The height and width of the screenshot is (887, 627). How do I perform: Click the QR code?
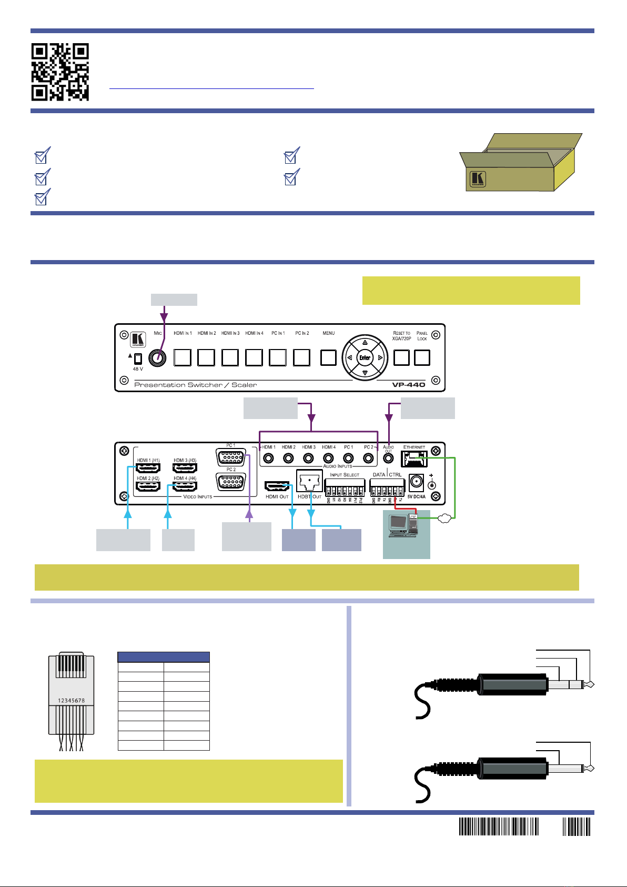[60, 72]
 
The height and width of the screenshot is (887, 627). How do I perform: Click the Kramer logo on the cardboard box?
[478, 179]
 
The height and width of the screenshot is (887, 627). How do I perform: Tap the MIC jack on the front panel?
[157, 358]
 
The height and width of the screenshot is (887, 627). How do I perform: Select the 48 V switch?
[138, 358]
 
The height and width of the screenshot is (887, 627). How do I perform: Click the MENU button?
[329, 357]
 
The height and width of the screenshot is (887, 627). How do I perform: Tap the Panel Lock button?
[422, 357]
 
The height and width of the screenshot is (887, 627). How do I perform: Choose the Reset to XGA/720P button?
[401, 357]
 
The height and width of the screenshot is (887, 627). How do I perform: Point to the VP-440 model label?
[408, 385]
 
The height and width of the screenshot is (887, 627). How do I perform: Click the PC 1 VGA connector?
[231, 457]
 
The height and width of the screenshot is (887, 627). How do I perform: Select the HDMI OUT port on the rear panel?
[277, 486]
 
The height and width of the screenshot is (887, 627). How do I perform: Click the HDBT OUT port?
[309, 481]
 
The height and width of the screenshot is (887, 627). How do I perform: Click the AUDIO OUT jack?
[389, 459]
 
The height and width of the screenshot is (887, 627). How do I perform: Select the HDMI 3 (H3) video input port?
[185, 467]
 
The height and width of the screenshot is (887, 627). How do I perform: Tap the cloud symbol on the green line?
[444, 519]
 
